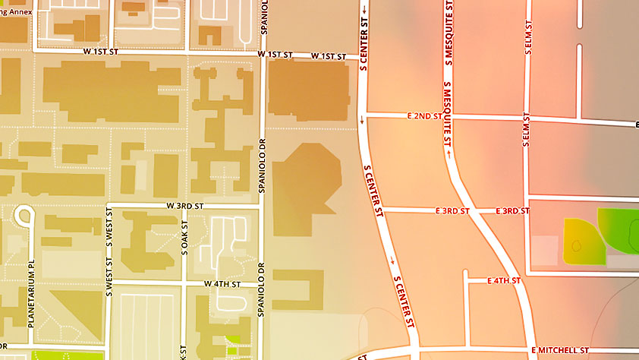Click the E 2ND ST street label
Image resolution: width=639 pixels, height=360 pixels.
[424, 116]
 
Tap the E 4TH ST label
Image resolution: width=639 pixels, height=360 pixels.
[502, 280]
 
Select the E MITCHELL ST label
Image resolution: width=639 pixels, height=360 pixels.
[560, 350]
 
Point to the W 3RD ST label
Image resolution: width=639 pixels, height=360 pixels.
[185, 206]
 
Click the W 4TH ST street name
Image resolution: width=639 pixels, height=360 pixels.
[222, 283]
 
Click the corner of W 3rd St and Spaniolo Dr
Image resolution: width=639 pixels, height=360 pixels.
[263, 206]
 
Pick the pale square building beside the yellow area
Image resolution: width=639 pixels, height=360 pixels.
[543, 251]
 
